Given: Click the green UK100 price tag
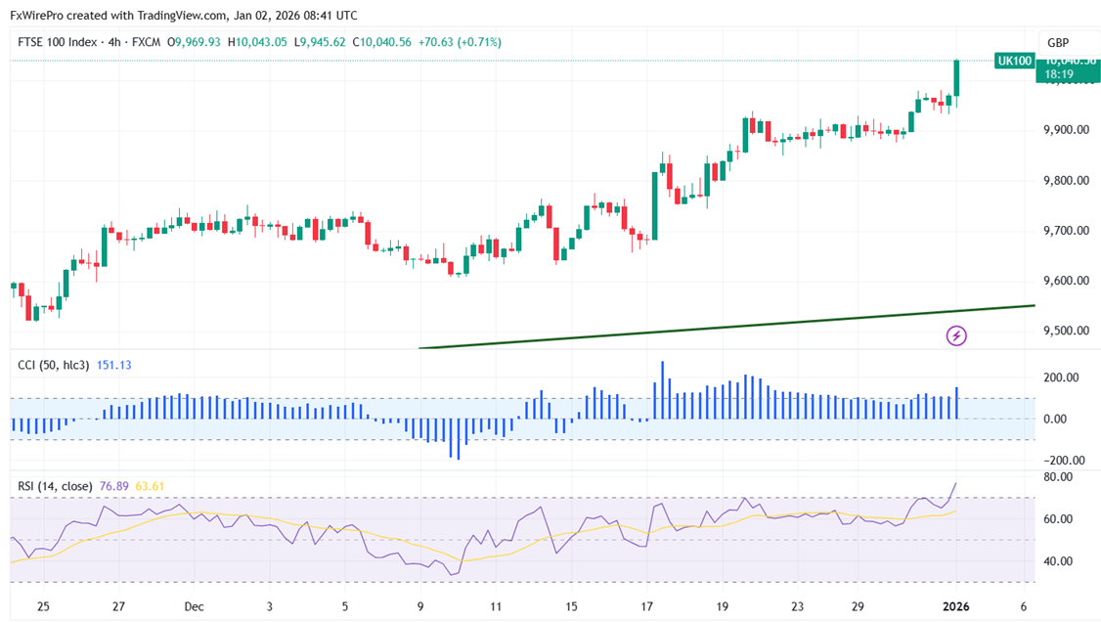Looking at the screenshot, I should pos(1015,61).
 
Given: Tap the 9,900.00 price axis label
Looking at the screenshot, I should pos(1069,130).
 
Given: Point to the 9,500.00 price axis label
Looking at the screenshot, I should pos(1069,331).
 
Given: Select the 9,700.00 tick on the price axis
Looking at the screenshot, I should pos(1069,231).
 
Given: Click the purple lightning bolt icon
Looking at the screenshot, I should pos(956,336).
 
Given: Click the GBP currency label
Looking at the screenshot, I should pos(1058,43).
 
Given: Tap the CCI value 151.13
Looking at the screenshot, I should pos(113,365).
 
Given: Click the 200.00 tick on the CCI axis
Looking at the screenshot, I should pos(1062,378).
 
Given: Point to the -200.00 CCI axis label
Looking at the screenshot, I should pos(1060,461).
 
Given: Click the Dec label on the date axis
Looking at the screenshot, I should pos(194,606).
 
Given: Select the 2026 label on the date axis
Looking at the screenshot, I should pos(956,606).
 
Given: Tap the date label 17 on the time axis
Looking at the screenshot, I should pos(647,606).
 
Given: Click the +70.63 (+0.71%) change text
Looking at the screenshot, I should pos(459,42).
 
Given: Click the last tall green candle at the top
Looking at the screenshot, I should pos(955,78).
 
